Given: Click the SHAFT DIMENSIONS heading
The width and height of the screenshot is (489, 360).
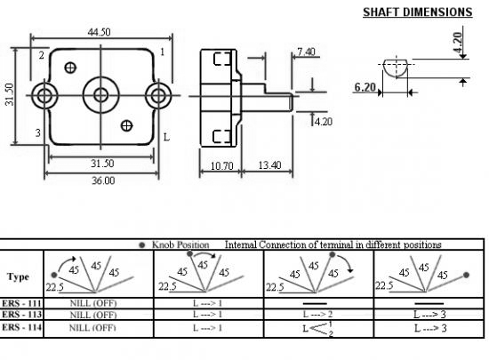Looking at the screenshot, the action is tap(418, 12).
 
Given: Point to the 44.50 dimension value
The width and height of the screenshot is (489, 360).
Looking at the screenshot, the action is tap(100, 32).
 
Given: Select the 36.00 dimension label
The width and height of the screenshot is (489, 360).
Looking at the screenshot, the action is tap(103, 180).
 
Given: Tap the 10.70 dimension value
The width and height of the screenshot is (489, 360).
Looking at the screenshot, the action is tap(221, 166).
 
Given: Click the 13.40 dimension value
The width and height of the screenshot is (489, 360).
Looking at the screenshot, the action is tap(269, 164).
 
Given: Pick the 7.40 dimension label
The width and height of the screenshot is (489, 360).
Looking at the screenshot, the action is tap(306, 52).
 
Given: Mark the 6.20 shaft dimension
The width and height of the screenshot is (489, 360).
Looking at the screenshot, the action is tap(365, 87).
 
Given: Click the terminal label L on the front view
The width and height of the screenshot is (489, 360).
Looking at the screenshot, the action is tap(166, 137).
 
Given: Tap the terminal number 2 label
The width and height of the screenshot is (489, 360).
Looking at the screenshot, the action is tap(42, 55).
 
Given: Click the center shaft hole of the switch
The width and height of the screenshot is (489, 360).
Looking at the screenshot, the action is tap(100, 95).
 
